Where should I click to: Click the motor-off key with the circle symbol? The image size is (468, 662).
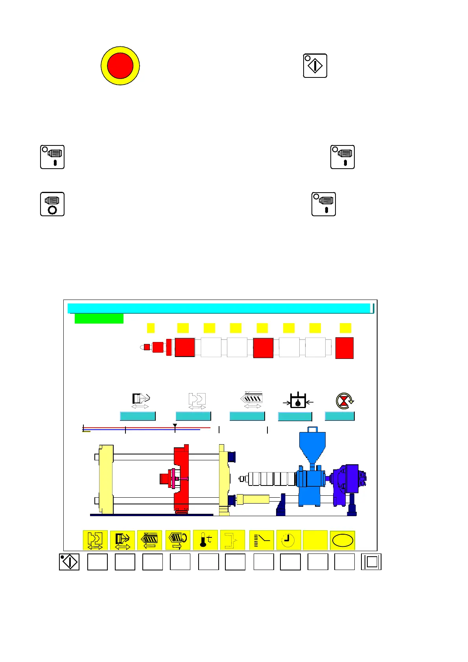pos(52,204)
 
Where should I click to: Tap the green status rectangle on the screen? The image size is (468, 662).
pos(99,318)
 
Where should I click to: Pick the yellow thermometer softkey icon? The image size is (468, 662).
pos(205,540)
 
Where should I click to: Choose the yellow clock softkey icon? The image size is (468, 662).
pos(289,540)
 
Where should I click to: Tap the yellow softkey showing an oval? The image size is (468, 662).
pos(343,541)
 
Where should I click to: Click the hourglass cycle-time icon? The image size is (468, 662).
pos(345,401)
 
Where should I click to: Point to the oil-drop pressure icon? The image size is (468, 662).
pos(298,401)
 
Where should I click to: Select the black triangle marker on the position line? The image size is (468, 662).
pos(175,426)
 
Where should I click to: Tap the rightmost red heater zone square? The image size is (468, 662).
pos(344,348)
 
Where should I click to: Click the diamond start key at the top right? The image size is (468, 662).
pos(315,66)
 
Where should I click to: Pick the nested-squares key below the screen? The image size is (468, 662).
pos(371,562)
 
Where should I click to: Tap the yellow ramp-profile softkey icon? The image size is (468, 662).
pos(262,540)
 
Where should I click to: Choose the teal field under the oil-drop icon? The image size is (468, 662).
pos(295,416)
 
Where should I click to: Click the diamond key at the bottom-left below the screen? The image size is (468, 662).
pos(69,562)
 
